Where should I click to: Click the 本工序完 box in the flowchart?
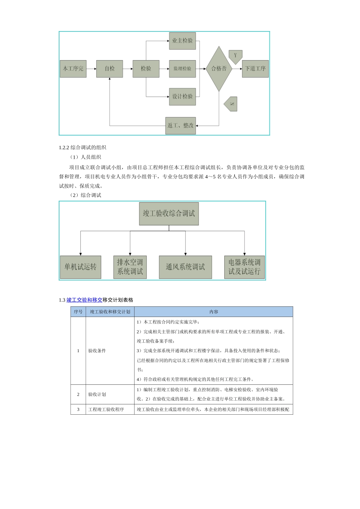(x=73, y=69)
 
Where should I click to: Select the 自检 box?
(x=110, y=69)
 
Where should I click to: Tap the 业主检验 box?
(x=182, y=41)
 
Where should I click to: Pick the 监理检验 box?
(x=182, y=69)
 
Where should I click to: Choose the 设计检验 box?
(x=182, y=97)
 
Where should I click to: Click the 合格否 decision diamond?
(x=219, y=69)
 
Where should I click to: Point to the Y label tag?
(x=235, y=56)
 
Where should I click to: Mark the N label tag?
(x=231, y=104)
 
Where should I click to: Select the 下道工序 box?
(x=255, y=69)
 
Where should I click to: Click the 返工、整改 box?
(x=181, y=125)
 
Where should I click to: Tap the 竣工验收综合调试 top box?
(x=169, y=214)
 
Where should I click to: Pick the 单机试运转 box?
(x=80, y=267)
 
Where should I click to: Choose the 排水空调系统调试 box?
(x=130, y=267)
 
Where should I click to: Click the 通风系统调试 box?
(x=185, y=267)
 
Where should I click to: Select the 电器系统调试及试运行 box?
(x=244, y=267)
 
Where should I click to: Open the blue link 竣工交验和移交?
(x=85, y=300)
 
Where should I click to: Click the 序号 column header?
(x=78, y=312)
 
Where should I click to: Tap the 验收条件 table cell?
(x=97, y=351)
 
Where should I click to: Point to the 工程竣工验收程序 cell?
(x=106, y=409)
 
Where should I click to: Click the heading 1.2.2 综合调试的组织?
(x=83, y=148)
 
